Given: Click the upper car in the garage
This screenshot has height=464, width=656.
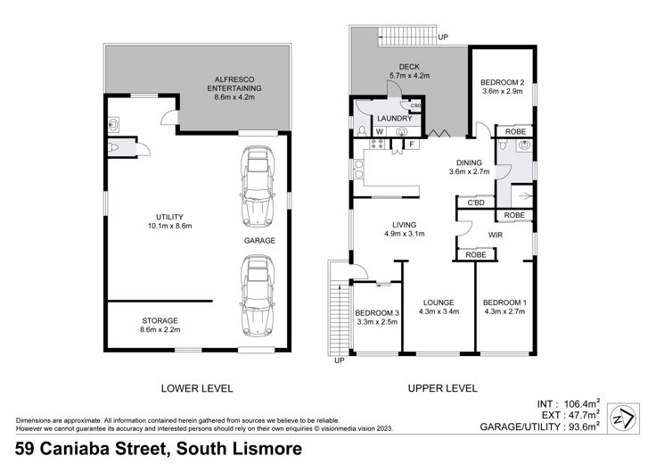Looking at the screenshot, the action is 258,186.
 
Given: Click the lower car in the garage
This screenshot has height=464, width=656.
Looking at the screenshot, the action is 258,296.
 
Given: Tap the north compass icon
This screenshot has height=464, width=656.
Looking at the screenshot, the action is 623,418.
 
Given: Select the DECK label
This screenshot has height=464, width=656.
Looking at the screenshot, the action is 409,67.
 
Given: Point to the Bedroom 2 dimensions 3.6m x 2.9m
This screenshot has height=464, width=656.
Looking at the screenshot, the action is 502,91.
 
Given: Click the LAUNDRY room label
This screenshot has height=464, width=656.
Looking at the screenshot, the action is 395,119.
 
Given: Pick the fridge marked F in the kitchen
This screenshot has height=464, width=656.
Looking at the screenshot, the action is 412,145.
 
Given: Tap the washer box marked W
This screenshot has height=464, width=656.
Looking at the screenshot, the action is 380,131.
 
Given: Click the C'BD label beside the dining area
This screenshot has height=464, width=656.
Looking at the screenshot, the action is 476,203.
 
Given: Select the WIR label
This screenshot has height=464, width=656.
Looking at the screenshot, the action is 496,235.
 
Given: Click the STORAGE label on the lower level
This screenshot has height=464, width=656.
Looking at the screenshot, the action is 160,320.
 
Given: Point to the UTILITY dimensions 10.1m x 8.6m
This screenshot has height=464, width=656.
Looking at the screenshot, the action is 170,226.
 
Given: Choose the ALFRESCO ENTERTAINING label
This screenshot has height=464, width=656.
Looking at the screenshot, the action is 234,84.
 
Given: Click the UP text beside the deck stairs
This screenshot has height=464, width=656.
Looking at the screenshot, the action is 443,37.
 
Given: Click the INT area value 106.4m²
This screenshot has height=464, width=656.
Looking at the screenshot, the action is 582,403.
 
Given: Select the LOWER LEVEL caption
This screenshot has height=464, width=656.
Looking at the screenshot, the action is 197,389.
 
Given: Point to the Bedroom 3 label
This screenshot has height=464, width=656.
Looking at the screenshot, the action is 377,313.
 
